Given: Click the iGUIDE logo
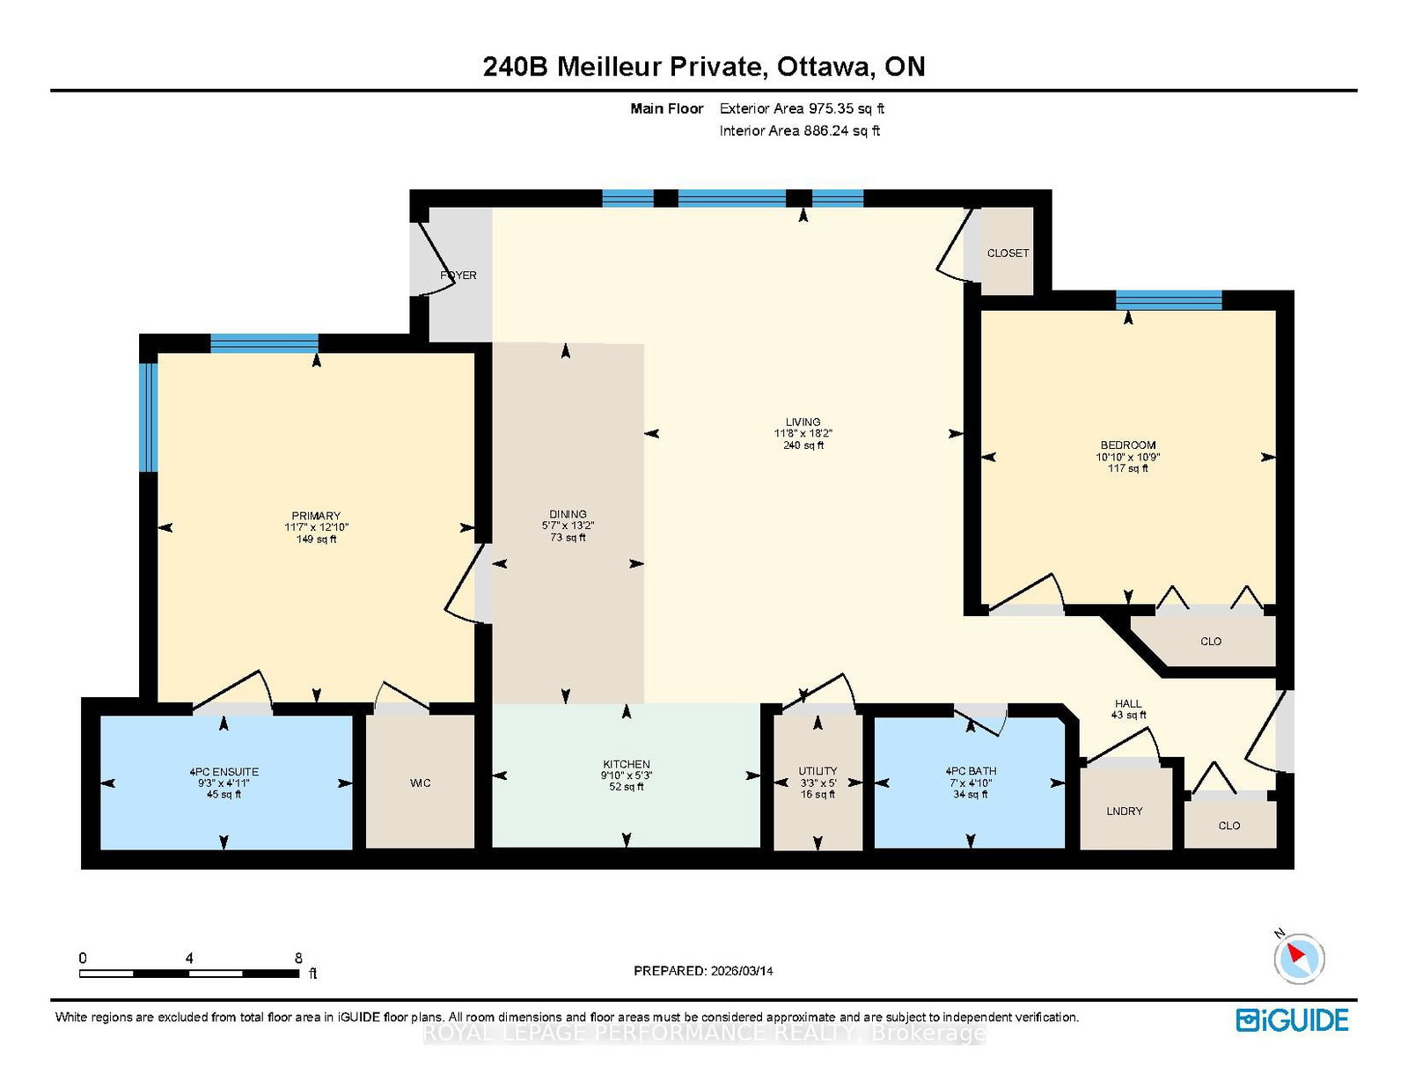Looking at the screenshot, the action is coord(1292,1020).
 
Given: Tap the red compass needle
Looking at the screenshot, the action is coord(1296,952).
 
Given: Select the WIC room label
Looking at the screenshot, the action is coord(420,783).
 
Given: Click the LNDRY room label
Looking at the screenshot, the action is coord(1124,812).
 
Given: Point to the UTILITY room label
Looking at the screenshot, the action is coord(818,771).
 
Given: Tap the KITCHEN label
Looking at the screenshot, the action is coord(626,765).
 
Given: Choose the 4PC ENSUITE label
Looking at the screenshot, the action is coord(224,772).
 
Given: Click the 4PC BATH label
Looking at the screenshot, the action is coord(971,771).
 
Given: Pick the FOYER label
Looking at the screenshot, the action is coord(458,276).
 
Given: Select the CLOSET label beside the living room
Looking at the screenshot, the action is coord(1008,254).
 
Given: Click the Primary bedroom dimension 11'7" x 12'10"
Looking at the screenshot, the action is coord(316,527).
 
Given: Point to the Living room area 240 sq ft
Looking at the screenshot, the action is coord(803,445).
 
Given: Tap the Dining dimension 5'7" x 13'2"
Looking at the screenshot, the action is coord(568,526).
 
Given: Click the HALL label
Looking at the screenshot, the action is coord(1128,703).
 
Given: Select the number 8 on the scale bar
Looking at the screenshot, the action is coord(298,959).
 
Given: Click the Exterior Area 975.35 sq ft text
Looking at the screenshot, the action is coord(803,109).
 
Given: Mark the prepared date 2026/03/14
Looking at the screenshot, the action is coord(742,971).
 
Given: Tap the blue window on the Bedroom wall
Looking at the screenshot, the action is coord(1169,300).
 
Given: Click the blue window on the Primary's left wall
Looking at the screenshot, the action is coord(149,417).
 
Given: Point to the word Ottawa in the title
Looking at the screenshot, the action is coord(824,67).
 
